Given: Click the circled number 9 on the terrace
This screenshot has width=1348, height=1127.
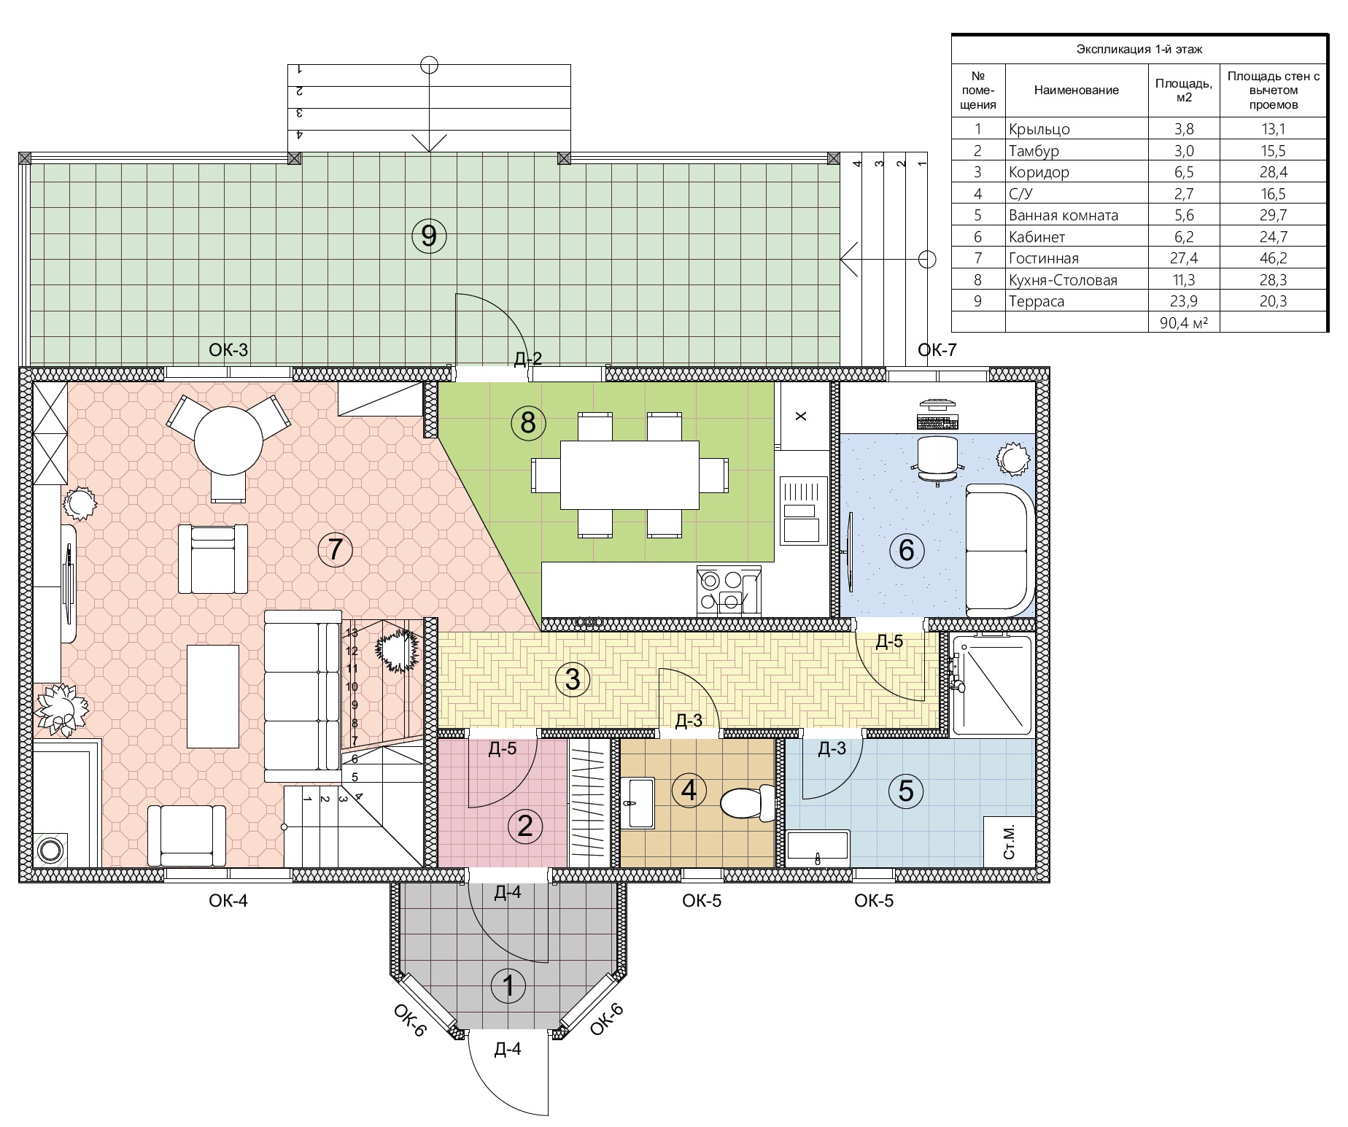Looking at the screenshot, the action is click(x=429, y=236).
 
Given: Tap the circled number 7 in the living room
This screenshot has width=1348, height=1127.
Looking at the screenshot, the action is click(x=336, y=549).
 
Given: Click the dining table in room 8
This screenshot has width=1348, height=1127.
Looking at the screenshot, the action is click(x=630, y=475).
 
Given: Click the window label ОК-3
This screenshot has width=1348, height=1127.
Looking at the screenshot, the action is click(x=228, y=350).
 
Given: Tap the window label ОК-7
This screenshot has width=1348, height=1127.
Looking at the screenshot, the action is click(x=937, y=350).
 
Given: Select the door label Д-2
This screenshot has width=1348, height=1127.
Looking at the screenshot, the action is click(x=528, y=358).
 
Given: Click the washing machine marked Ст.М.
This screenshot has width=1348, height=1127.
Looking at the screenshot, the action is click(x=1010, y=843).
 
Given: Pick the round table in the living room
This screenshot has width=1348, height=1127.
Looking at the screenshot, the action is click(x=228, y=441).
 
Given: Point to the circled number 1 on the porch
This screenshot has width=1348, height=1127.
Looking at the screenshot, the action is click(x=509, y=986).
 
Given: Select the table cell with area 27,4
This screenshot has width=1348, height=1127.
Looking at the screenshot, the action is click(x=1184, y=258).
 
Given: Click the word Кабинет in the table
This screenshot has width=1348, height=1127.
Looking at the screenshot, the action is click(x=1037, y=237).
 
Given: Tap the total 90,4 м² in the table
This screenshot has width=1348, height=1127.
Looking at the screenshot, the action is click(x=1184, y=322).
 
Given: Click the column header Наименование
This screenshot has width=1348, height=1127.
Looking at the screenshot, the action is click(x=1076, y=90).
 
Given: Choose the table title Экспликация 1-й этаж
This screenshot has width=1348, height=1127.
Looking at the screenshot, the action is click(x=1139, y=50).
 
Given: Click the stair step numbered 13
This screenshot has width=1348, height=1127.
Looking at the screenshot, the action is click(x=352, y=633).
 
